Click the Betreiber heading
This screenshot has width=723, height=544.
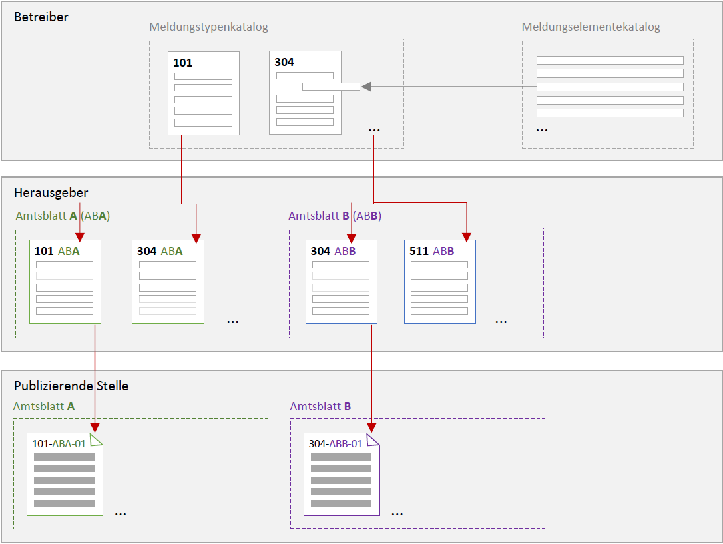[x=41, y=17]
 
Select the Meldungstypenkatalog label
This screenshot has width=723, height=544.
[x=208, y=27]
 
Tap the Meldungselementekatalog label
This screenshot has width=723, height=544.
[x=591, y=27]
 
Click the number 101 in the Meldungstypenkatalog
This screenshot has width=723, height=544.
[x=182, y=63]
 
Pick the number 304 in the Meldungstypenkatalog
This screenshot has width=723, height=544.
[x=284, y=62]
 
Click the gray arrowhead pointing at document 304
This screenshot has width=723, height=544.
[x=366, y=87]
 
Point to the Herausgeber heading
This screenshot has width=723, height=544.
[x=51, y=192]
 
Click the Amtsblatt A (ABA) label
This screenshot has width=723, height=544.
[x=63, y=216]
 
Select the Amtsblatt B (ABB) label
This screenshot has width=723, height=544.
[x=335, y=216]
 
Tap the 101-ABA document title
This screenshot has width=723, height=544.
[x=57, y=251]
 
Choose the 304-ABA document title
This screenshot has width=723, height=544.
[x=160, y=251]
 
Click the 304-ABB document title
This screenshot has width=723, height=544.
[x=333, y=251]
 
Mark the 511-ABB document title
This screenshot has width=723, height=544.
[x=431, y=251]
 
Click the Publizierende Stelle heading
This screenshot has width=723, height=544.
[x=71, y=386]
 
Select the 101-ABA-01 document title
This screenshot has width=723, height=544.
[x=59, y=444]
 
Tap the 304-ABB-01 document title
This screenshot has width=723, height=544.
[x=336, y=444]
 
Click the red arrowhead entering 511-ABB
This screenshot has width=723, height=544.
[x=467, y=238]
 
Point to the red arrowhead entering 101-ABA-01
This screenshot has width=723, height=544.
[x=95, y=428]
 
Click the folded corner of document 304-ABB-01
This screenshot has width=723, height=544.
[x=373, y=440]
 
